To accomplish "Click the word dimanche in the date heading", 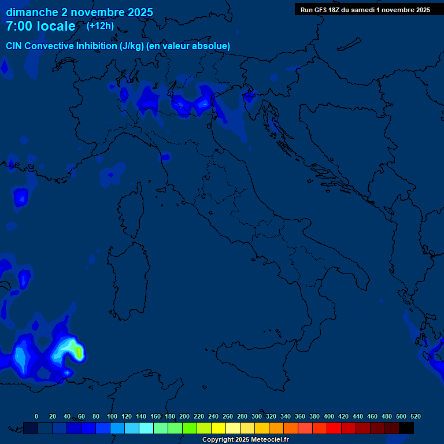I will point(32,12).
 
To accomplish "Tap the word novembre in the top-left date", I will point(98,12).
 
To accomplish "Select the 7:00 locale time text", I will point(40,26).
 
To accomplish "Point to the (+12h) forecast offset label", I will point(100,25).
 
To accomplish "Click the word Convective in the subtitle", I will point(49,46).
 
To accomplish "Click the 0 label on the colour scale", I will point(36,416).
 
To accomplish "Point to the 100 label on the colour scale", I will point(112,416).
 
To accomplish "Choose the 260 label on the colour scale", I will point(228,416).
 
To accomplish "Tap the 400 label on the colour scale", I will point(329,416).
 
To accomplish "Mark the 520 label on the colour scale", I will point(415,416).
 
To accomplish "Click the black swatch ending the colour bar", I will point(406,428).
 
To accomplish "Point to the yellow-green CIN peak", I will point(77,349).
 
